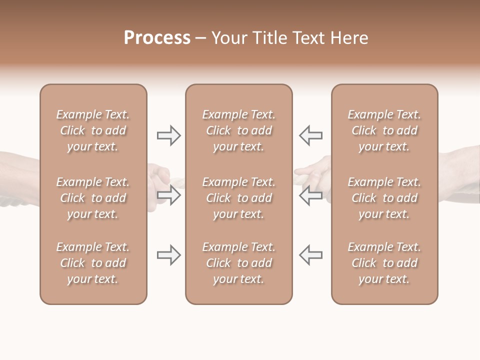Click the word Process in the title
click(x=157, y=38)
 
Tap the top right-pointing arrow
click(x=168, y=135)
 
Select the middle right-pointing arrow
click(x=168, y=195)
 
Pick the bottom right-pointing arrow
click(x=168, y=255)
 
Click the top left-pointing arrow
click(x=310, y=135)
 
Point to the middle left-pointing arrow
click(x=310, y=195)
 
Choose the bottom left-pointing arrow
click(x=310, y=255)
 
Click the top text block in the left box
click(x=93, y=130)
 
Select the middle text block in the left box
click(x=93, y=198)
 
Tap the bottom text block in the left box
click(x=93, y=263)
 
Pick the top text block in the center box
click(x=239, y=130)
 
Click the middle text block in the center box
click(x=239, y=198)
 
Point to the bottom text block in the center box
click(x=239, y=263)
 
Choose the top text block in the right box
click(x=384, y=130)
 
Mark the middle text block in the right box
click(x=384, y=198)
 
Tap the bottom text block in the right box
click(x=384, y=263)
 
